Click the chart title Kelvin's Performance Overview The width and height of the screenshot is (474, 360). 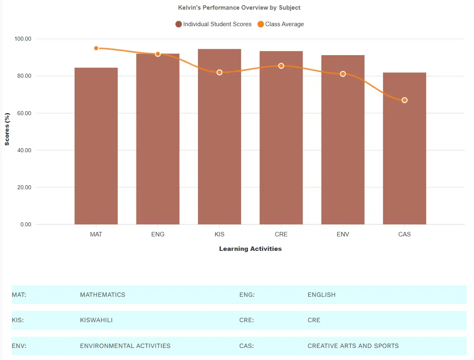[239, 8]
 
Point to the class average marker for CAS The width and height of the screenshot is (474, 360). [404, 100]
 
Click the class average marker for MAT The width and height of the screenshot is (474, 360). [96, 48]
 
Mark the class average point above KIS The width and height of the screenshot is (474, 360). [219, 72]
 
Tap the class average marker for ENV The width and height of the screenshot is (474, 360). [343, 74]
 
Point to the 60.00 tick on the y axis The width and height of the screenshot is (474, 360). [23, 113]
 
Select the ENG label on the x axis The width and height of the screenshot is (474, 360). [158, 234]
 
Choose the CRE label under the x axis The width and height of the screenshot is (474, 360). [281, 234]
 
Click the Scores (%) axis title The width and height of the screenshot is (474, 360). [7, 129]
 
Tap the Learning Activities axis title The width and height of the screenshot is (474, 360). [250, 249]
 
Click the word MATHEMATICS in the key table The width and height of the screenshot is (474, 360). [103, 295]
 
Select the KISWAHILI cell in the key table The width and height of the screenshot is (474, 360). [96, 320]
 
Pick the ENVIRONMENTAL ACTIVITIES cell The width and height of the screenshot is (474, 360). [125, 346]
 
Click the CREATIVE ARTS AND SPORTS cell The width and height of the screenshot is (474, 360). [353, 346]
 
